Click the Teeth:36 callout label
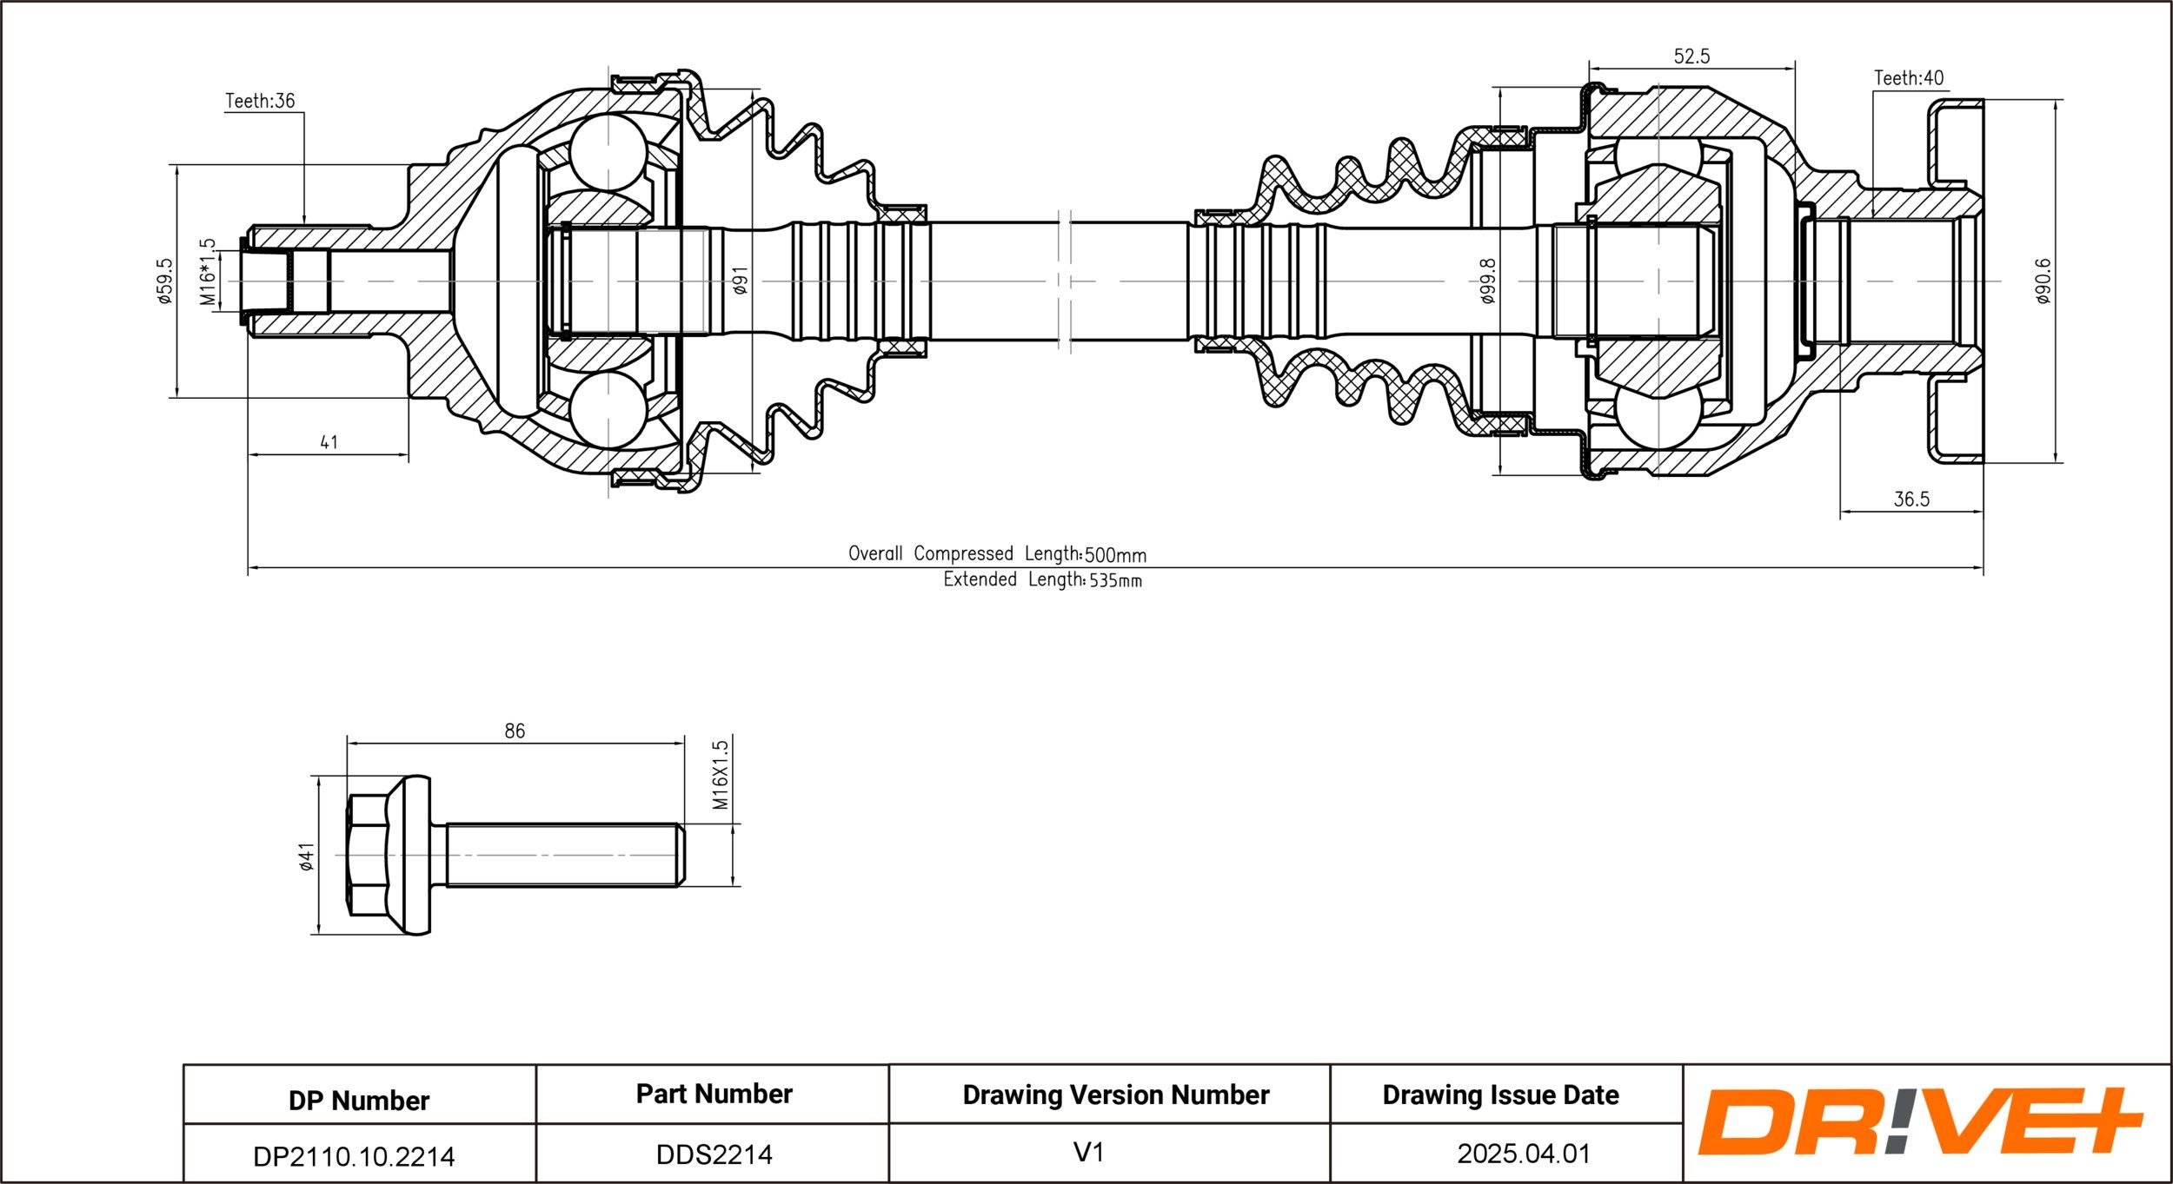pyautogui.click(x=260, y=101)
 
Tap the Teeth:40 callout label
pyautogui.click(x=1909, y=78)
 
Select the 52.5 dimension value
pyautogui.click(x=1691, y=56)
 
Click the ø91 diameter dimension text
pyautogui.click(x=740, y=281)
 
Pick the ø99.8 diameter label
pyautogui.click(x=1487, y=281)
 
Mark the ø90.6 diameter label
pyautogui.click(x=2043, y=281)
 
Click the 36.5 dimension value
pyautogui.click(x=1911, y=499)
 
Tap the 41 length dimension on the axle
pyautogui.click(x=329, y=442)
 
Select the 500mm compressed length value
pyautogui.click(x=1116, y=555)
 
